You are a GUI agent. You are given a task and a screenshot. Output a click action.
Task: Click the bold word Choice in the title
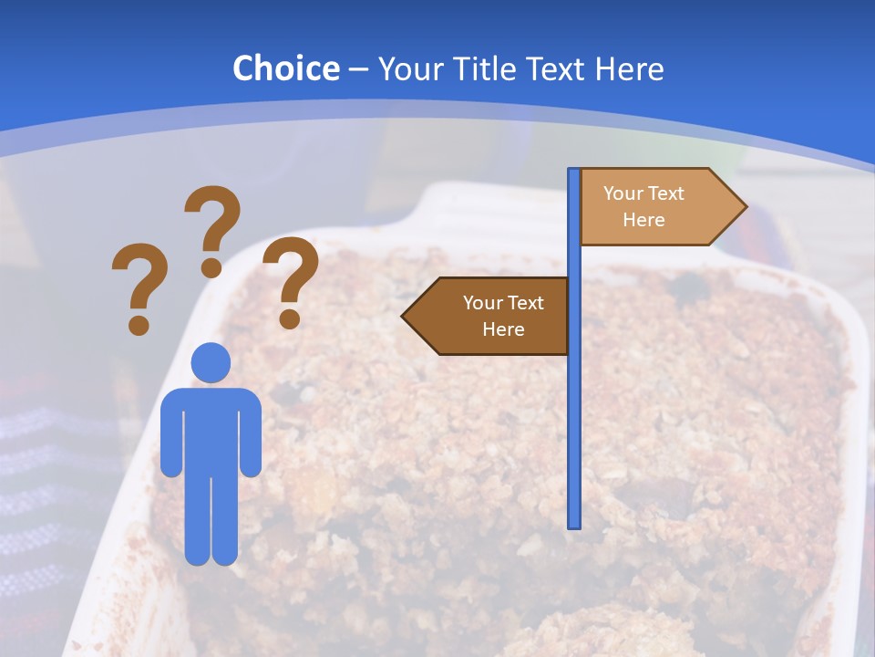point(285,68)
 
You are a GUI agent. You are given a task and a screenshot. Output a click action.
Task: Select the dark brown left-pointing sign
point(492,316)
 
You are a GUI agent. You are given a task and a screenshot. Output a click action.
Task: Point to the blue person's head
point(211,362)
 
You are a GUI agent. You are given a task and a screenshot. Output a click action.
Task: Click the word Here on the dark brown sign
point(503,329)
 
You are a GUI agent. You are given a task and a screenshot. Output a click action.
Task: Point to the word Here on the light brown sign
point(643,220)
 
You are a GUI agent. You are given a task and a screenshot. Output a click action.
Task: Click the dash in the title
point(358,69)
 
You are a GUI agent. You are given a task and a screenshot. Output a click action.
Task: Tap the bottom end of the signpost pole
point(574,524)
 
